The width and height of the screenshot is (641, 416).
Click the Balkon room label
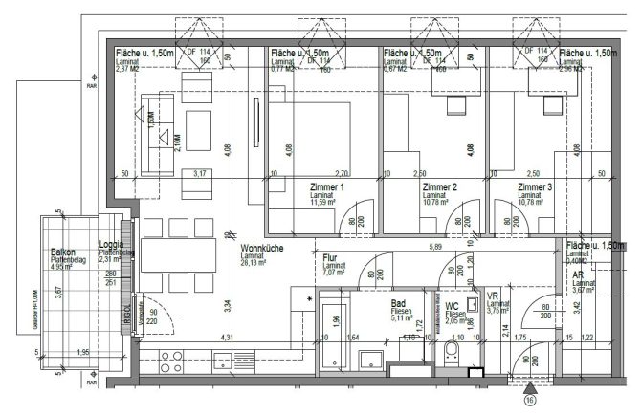[x=65, y=252]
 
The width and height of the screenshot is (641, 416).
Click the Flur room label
[x=329, y=258]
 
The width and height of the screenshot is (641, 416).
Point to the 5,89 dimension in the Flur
[x=434, y=248]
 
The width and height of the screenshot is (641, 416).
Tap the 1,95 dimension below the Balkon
[x=83, y=353]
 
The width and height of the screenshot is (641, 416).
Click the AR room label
[x=577, y=273]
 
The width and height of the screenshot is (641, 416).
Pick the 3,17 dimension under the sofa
[x=199, y=174]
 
